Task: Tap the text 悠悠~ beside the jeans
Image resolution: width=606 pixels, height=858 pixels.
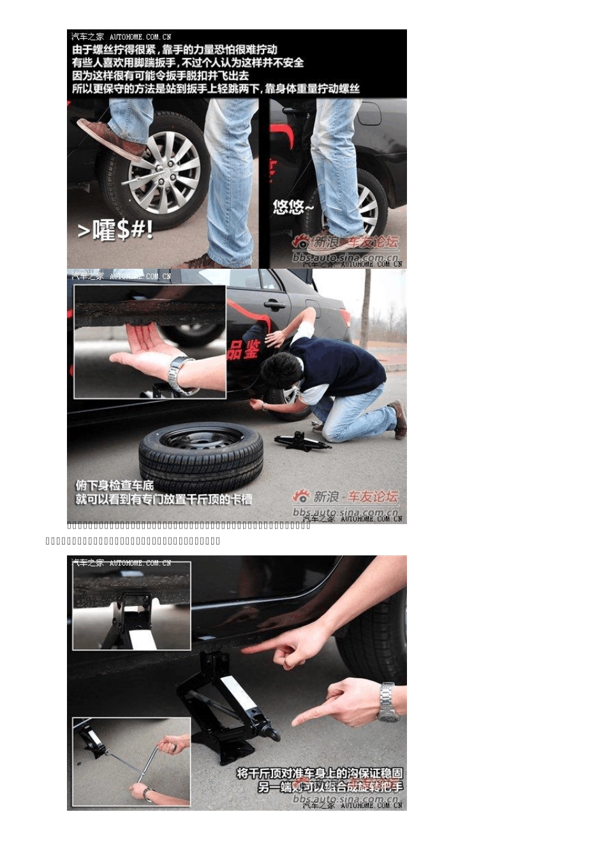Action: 293,207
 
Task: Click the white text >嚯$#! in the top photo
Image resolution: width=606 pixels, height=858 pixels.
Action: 115,230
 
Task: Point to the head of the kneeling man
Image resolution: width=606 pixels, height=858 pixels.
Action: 281,370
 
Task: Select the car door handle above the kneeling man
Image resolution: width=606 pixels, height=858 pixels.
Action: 275,305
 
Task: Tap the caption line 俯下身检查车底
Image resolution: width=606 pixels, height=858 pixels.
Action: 115,485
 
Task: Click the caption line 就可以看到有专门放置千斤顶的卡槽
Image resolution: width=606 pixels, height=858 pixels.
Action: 163,499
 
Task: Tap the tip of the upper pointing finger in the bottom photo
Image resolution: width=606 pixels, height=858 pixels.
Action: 244,649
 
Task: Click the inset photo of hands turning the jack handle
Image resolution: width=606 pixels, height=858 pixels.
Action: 131,762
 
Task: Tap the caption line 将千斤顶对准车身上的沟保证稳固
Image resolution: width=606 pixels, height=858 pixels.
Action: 320,774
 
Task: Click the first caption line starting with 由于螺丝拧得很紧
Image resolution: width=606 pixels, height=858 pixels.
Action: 174,50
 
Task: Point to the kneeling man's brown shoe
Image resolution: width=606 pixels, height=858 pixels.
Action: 400,419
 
